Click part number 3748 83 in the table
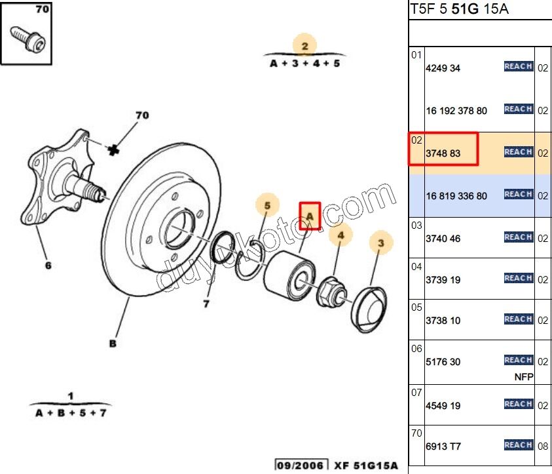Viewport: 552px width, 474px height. pos(443,153)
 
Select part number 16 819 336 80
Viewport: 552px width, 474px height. pos(456,196)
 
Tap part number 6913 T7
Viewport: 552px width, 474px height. pos(443,446)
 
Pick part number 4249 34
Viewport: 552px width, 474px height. pos(443,68)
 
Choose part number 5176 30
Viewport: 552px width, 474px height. pos(443,362)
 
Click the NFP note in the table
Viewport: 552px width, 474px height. pos(524,377)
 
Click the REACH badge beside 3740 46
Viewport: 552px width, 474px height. pos(519,237)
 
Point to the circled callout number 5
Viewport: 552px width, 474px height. pos(268,205)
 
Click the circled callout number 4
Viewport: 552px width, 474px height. pos(340,235)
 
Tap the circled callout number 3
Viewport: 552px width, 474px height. pos(381,243)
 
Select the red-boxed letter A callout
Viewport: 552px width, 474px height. pos(310,216)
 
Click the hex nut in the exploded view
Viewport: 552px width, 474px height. pos(331,292)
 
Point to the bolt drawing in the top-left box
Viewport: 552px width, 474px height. pos(28,39)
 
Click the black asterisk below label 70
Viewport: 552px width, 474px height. pos(113,151)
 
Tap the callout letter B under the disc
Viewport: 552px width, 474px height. pos(113,344)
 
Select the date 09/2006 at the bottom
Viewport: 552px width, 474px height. pos(301,465)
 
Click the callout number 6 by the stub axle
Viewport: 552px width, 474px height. pos(48,266)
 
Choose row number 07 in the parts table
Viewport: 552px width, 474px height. pos(416,393)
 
